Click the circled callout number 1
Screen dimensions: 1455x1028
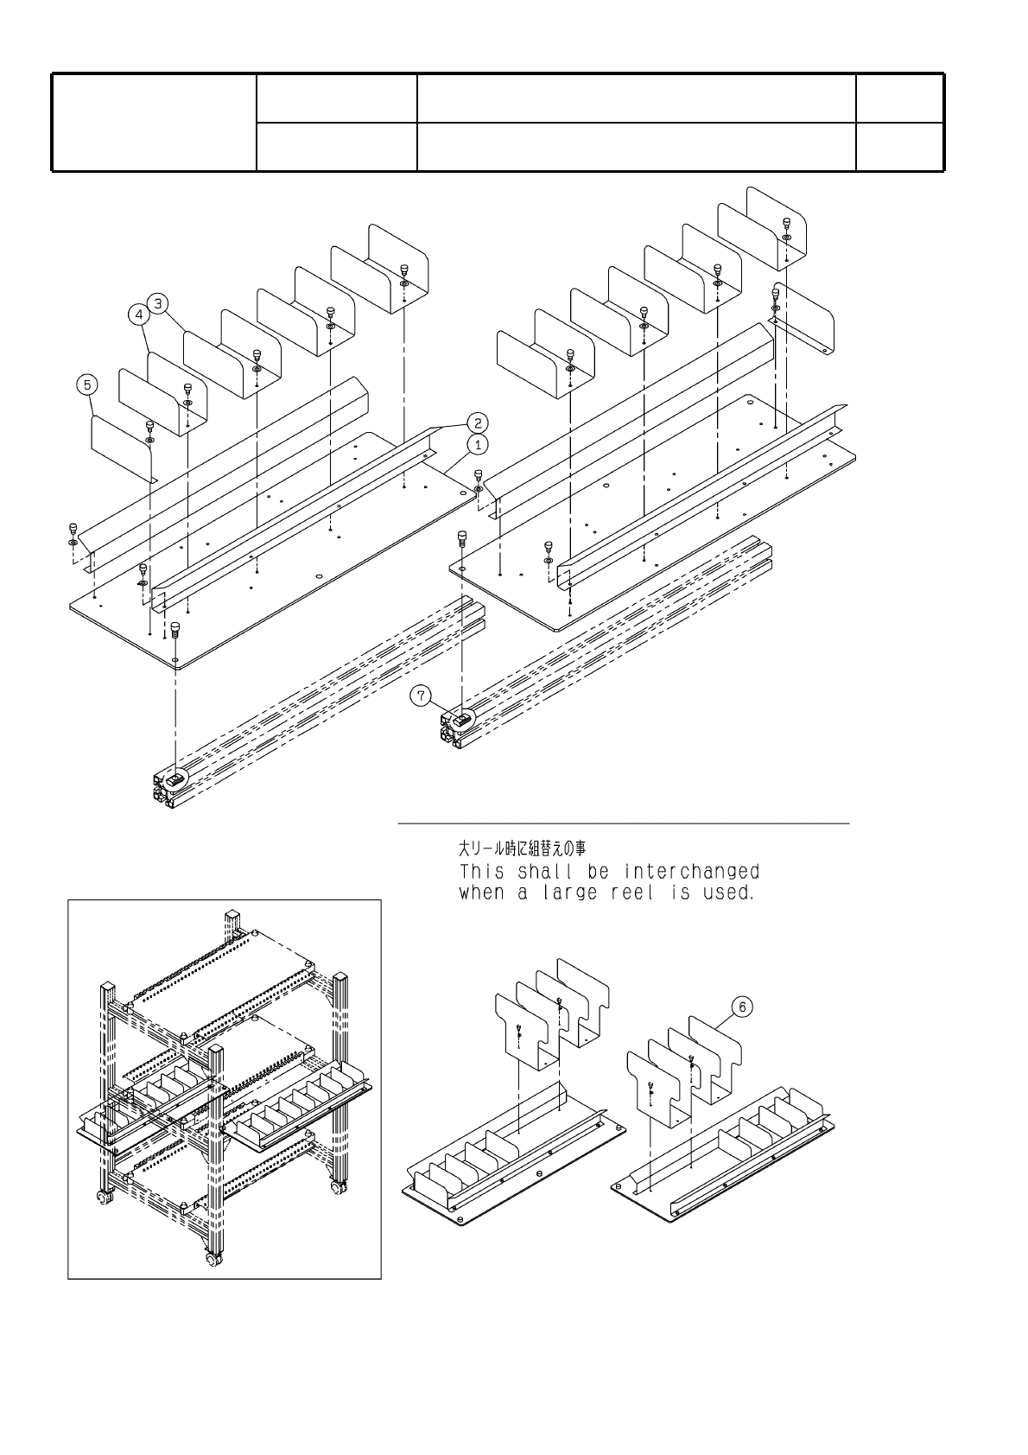tap(478, 444)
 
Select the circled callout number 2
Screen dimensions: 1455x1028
tap(478, 423)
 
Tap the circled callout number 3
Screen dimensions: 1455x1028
tap(158, 303)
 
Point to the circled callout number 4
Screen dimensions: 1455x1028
tap(140, 316)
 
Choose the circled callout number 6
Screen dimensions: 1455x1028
tap(742, 1007)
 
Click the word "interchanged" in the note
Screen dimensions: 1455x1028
tap(692, 871)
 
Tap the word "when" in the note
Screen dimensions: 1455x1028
tap(480, 893)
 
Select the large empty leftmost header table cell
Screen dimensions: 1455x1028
tap(155, 122)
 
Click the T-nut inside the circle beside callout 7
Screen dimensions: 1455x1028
tap(463, 717)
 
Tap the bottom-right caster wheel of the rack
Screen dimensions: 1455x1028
tap(335, 1189)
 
